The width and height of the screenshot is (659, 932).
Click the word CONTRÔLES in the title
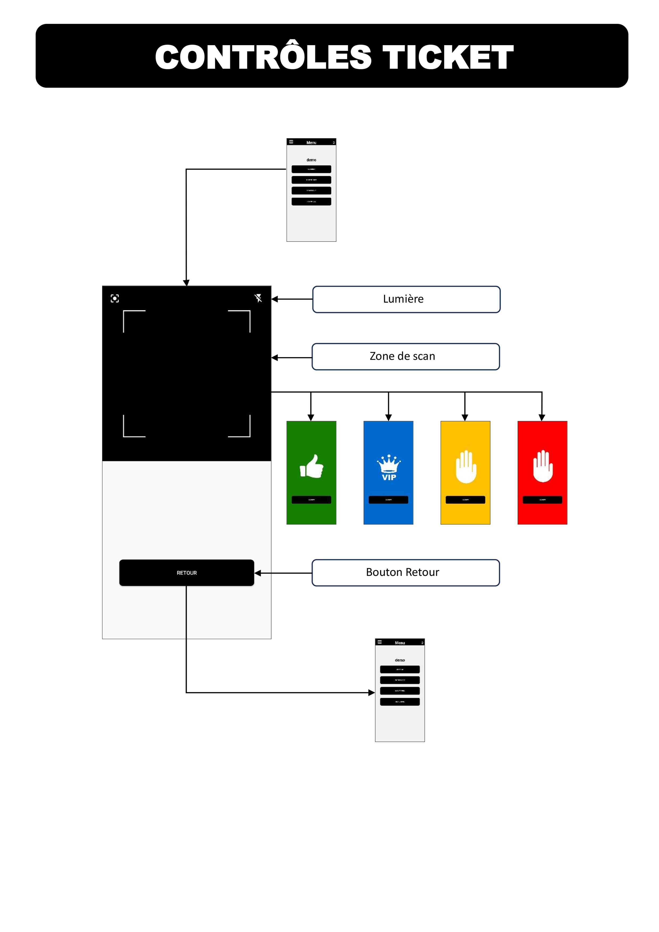pyautogui.click(x=263, y=57)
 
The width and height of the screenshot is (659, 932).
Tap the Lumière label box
pyautogui.click(x=406, y=299)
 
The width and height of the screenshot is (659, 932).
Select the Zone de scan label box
pyautogui.click(x=405, y=356)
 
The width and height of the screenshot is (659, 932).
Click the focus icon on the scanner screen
pyautogui.click(x=115, y=298)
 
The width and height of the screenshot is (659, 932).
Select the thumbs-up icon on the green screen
pyautogui.click(x=311, y=467)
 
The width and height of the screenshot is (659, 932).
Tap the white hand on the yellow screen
pyautogui.click(x=466, y=467)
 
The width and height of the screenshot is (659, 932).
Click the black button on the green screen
pyautogui.click(x=311, y=500)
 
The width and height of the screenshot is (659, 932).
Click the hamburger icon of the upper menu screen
pyautogui.click(x=291, y=142)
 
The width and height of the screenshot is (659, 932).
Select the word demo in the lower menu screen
pyautogui.click(x=400, y=660)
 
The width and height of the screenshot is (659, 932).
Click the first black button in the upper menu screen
pyautogui.click(x=311, y=169)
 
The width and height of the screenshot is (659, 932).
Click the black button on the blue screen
pyautogui.click(x=388, y=500)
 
